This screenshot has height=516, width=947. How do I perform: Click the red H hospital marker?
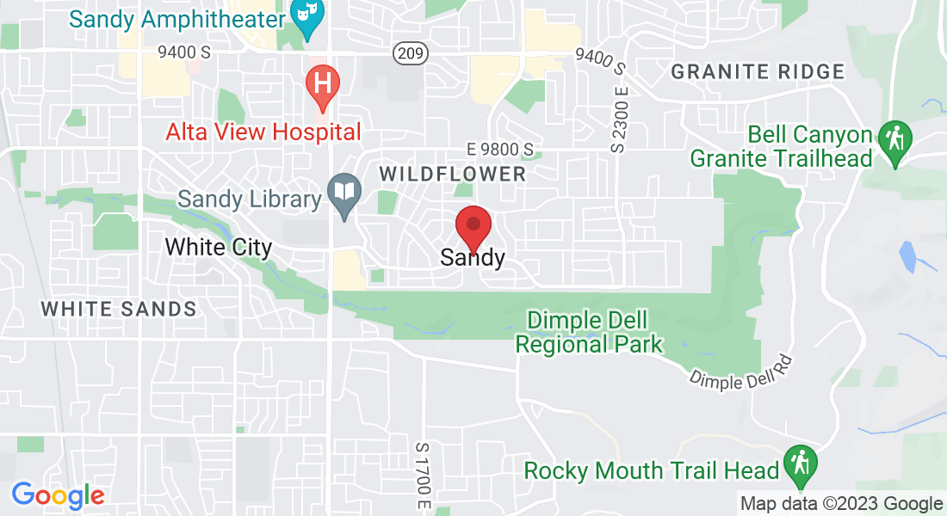323,85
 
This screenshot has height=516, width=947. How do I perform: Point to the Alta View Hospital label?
263,132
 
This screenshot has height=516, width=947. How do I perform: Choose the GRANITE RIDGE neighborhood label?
758,72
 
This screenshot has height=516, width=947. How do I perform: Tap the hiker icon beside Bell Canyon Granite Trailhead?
894,140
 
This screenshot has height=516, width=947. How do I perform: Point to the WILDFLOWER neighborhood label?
452,175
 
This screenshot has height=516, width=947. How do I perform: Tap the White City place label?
218,248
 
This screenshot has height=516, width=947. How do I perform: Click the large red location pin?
473,227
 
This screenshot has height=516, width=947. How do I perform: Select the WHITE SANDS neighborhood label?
119,309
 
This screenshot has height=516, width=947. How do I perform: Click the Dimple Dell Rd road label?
741,372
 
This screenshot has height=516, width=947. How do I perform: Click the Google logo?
58,495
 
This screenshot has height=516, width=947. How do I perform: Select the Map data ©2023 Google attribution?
842,504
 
